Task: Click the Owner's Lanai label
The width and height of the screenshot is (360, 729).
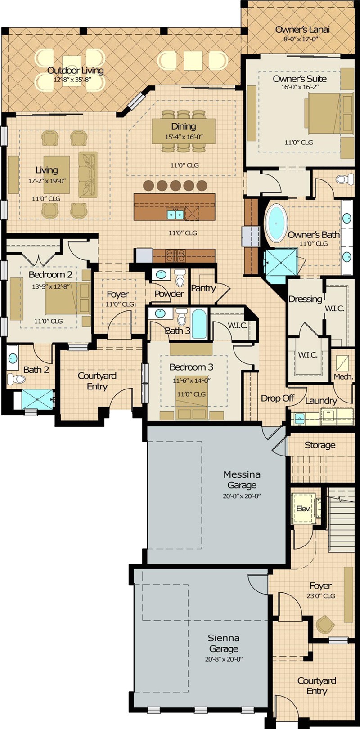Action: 302,30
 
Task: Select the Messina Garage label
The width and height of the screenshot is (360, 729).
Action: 242,479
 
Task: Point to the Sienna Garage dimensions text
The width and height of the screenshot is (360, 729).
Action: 224,659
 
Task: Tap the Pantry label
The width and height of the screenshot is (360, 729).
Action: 203,288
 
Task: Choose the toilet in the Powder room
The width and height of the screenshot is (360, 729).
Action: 180,278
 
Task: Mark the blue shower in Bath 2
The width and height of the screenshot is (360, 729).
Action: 37,399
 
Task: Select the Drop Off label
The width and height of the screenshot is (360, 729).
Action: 277,398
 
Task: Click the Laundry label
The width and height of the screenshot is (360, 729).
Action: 321,400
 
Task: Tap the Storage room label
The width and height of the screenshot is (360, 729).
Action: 320,445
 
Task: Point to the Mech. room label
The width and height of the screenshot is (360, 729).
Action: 343,377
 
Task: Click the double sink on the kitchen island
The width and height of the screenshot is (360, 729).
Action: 175,215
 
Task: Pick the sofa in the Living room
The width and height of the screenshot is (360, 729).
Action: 88,174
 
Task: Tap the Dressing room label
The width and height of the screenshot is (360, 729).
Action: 305,299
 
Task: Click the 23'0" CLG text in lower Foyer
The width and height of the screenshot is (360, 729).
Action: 320,596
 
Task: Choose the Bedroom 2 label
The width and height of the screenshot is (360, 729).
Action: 50,274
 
